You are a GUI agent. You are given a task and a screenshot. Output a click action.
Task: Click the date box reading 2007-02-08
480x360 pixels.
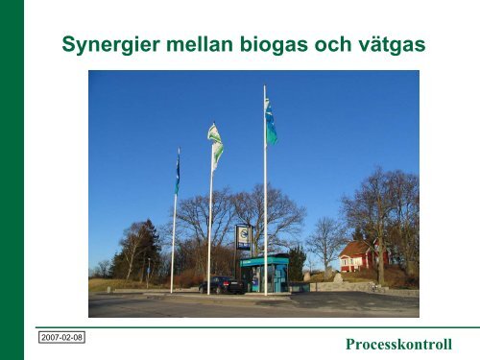coord(60,339)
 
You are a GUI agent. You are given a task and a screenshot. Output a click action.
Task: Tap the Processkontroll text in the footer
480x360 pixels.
coord(398,345)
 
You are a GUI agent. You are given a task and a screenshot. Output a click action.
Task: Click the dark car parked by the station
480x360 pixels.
coord(222,285)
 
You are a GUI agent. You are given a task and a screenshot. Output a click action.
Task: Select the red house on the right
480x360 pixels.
coord(359,257)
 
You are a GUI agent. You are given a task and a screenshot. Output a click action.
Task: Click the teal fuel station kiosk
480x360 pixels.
coord(264,274)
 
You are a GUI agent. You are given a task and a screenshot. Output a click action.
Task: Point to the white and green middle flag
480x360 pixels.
coord(216,144)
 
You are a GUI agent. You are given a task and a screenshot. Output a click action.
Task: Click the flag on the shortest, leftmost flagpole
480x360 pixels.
coord(177,173)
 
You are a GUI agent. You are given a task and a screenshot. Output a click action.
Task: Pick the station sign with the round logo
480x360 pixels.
coord(243,237)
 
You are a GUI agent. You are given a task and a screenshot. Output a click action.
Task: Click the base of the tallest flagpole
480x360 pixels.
coord(266,291)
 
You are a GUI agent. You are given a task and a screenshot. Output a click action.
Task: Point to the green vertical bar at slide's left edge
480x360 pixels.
coord(12,180)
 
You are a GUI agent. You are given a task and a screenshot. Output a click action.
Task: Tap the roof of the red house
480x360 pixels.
coord(356,247)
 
